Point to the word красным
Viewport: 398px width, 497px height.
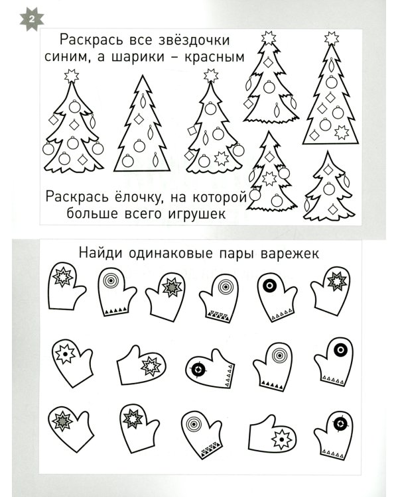213,57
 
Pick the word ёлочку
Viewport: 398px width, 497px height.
137,196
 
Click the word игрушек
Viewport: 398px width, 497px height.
198,214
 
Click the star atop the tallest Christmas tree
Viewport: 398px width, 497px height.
330,35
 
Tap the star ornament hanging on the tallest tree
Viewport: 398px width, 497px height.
342,132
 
